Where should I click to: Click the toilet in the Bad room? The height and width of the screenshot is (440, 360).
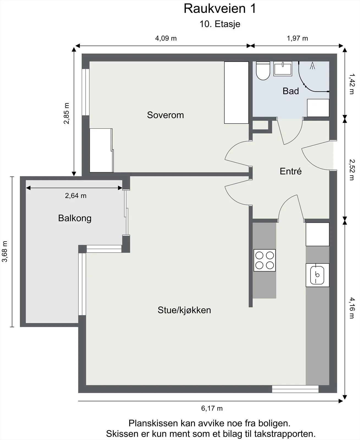(x=263, y=71)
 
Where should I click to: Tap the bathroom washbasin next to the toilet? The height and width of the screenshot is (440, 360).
(x=282, y=69)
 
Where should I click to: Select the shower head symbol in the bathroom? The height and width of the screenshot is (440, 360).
(x=312, y=65)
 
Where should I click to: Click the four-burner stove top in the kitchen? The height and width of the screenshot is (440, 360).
(x=264, y=260)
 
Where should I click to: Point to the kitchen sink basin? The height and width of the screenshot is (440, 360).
(x=317, y=275)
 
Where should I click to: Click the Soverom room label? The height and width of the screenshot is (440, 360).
(x=165, y=115)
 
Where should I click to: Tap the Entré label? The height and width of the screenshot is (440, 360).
(x=290, y=171)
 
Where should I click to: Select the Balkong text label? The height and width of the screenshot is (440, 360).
(x=75, y=218)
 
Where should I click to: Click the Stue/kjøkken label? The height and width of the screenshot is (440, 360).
(x=184, y=310)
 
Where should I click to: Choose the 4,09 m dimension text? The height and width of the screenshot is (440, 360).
(x=166, y=38)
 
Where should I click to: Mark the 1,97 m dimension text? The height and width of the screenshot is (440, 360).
(x=297, y=38)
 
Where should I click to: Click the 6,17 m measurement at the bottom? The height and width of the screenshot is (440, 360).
(x=212, y=408)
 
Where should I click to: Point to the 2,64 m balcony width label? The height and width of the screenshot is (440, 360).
(x=76, y=196)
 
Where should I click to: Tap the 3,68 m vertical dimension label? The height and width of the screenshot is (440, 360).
(x=5, y=251)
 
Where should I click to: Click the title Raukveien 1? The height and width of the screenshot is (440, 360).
(x=220, y=9)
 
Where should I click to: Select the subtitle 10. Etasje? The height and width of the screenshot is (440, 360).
(x=220, y=24)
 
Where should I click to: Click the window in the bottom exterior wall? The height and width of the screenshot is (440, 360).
(x=295, y=389)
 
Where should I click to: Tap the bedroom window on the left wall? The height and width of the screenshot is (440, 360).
(x=86, y=92)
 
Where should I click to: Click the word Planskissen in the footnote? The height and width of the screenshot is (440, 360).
(x=153, y=423)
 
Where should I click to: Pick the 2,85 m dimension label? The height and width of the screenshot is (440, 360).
(x=66, y=113)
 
